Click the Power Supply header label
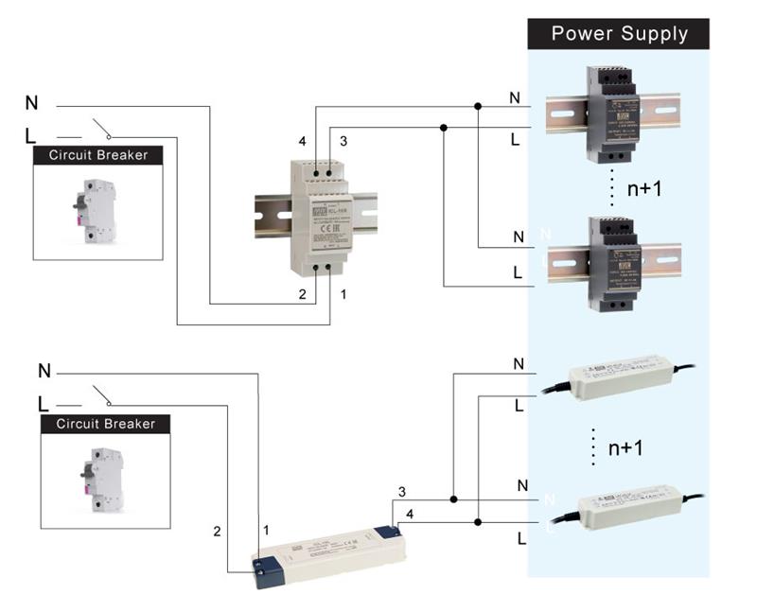(619, 35)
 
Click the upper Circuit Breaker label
(98, 154)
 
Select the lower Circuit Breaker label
(105, 424)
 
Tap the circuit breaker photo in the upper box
(97, 209)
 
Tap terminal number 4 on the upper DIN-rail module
(303, 142)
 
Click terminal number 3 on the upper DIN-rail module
(343, 142)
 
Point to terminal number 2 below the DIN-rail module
(303, 295)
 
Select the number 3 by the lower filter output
(402, 492)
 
